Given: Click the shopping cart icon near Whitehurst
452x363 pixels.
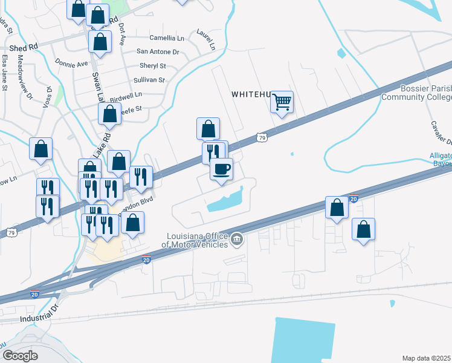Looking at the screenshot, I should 282,102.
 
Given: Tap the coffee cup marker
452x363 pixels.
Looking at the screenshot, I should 222,168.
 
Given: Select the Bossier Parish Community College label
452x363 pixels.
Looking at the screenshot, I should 417,93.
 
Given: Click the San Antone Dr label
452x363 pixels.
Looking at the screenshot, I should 158,52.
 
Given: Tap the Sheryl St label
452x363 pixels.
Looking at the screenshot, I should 152,65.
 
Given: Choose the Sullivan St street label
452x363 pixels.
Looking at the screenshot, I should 149,80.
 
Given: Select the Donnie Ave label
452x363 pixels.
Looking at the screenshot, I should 71,62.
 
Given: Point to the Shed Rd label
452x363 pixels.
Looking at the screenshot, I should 24,47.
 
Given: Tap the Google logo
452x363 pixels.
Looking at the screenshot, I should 20,355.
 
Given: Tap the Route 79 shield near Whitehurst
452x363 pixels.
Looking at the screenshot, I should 261,138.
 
